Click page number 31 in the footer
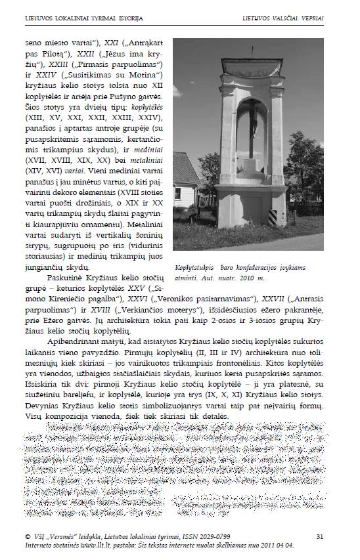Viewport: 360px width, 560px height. (319, 536)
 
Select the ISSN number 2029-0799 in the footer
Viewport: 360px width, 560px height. (210, 536)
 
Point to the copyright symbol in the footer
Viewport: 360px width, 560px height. (27, 536)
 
